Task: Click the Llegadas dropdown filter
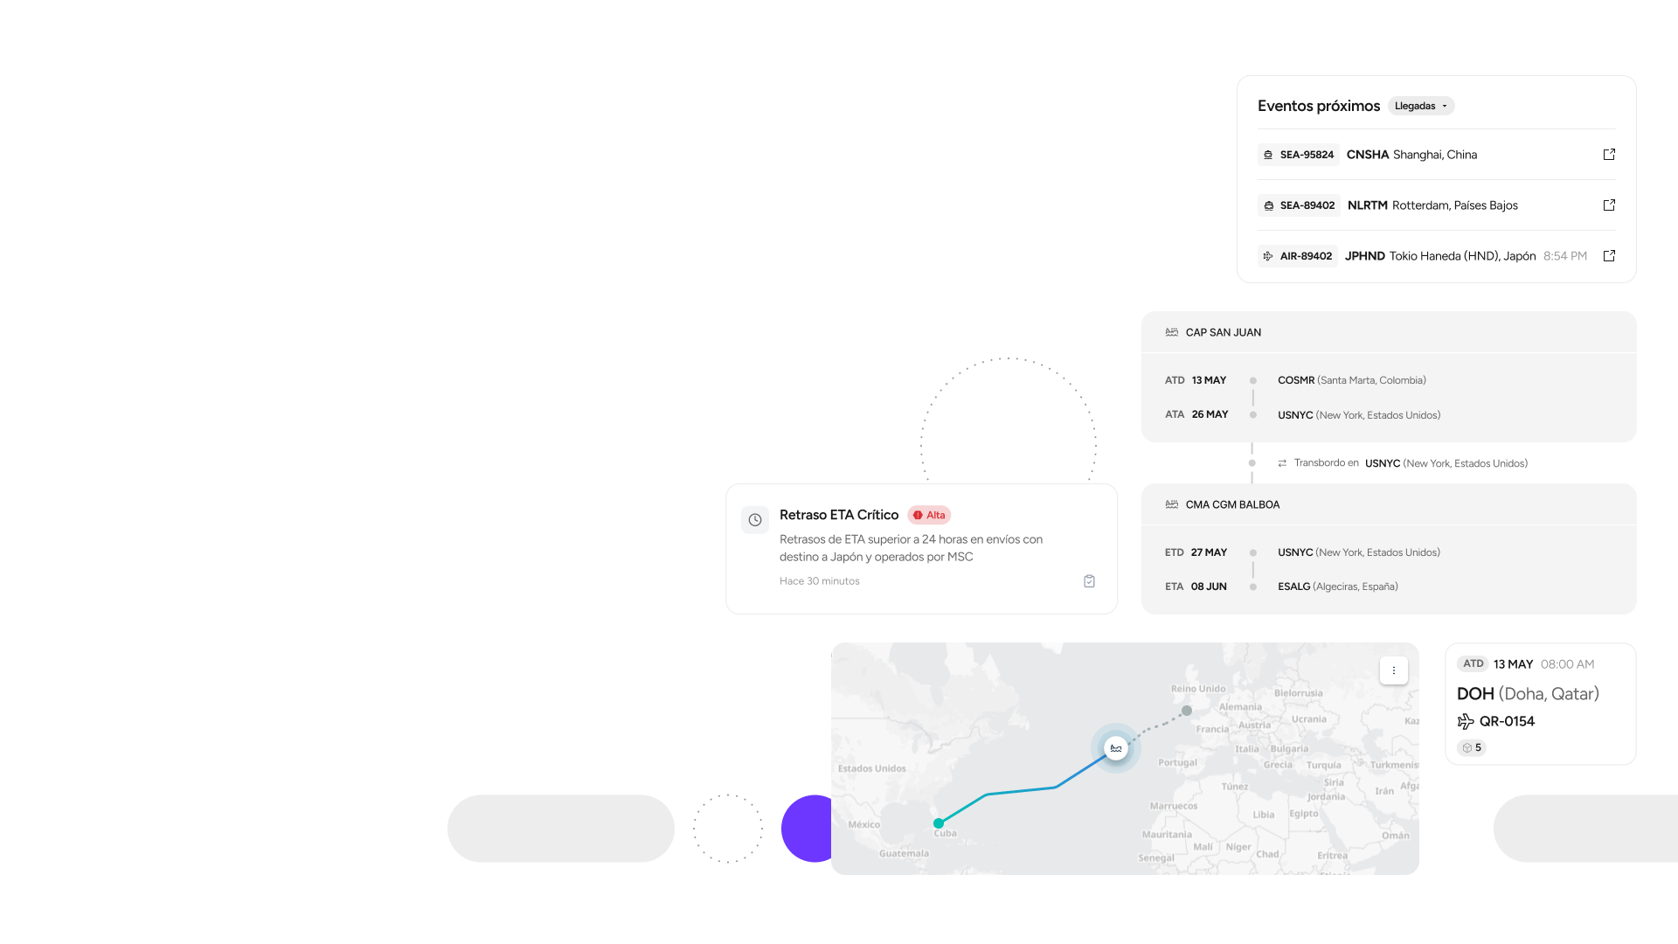click(x=1420, y=106)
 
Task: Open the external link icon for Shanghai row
click(x=1609, y=155)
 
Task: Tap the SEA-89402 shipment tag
click(x=1299, y=205)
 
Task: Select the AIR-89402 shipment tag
click(x=1298, y=256)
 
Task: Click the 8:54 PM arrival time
click(x=1564, y=256)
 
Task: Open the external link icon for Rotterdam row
click(x=1609, y=205)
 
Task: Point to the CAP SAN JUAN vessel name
click(x=1223, y=333)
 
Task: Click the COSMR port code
click(x=1295, y=380)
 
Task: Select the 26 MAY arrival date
click(x=1210, y=414)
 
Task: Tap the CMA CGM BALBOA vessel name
click(x=1232, y=505)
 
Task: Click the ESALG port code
click(x=1293, y=587)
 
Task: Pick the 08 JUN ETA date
click(x=1209, y=587)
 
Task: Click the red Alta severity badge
click(x=929, y=516)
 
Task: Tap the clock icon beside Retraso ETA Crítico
click(x=755, y=520)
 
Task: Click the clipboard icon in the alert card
click(x=1089, y=581)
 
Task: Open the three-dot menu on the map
click(x=1394, y=670)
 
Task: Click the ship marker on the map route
click(x=1116, y=748)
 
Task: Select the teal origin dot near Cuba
click(x=939, y=823)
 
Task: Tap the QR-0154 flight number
click(x=1507, y=721)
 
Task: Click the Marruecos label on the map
click(x=1174, y=806)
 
